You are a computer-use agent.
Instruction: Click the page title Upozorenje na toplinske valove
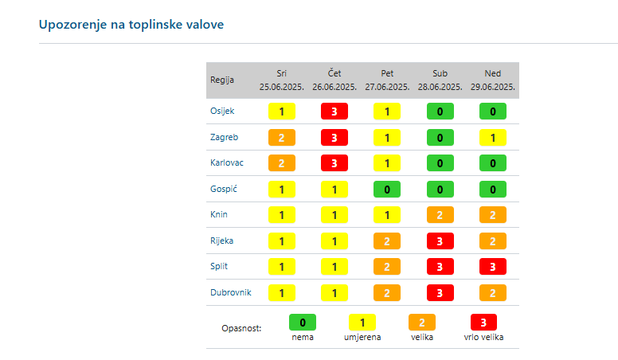[x=131, y=25]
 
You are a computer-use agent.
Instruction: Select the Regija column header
[x=222, y=80]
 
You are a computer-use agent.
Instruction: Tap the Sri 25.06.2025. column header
[x=281, y=80]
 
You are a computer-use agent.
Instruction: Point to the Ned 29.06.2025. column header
[x=493, y=80]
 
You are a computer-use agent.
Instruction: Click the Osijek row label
[x=222, y=112]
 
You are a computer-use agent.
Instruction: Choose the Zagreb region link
[x=224, y=137]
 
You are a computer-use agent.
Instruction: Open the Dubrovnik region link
[x=231, y=292]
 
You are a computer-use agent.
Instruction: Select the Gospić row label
[x=223, y=189]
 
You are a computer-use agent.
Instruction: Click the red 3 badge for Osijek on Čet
[x=334, y=112]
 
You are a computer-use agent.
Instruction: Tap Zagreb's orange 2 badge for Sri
[x=281, y=137]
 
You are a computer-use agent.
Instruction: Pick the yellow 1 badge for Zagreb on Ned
[x=493, y=137]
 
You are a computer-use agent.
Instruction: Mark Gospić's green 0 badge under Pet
[x=387, y=189]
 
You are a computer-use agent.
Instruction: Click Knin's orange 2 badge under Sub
[x=440, y=215]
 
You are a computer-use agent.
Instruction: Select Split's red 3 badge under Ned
[x=493, y=267]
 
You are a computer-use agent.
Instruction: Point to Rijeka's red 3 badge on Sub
[x=440, y=241]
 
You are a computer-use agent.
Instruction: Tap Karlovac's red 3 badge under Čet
[x=334, y=163]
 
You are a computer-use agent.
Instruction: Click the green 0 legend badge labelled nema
[x=303, y=323]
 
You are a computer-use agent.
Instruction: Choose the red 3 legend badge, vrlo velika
[x=483, y=323]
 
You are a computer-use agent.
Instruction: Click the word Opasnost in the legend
[x=242, y=327]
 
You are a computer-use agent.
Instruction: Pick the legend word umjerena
[x=362, y=337]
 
